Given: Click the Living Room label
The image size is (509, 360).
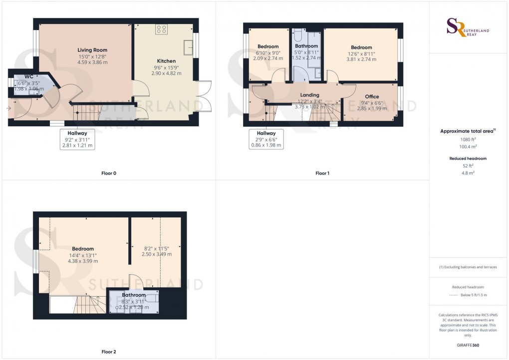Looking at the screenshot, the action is tap(92, 50).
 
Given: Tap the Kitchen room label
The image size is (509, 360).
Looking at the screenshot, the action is tap(166, 61).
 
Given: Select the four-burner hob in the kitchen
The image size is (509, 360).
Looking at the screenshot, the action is tap(161, 29).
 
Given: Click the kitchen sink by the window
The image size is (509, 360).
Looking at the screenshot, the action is tap(188, 47).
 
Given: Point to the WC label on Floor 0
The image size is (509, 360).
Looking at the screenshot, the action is tap(29, 77).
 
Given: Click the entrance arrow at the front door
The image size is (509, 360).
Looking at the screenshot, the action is tap(8, 108).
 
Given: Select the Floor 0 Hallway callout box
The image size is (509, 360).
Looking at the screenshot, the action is tap(77, 139).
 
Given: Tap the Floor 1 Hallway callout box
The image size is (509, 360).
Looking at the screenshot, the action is tap(266, 139).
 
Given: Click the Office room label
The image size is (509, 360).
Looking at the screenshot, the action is tap(372, 96).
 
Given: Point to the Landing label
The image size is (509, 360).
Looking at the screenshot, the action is tap(309, 95).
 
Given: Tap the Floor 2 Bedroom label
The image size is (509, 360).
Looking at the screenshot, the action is tap(83, 249).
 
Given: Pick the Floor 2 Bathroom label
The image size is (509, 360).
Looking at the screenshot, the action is tap(134, 295).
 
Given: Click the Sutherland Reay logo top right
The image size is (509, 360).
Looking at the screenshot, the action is tap(468, 27).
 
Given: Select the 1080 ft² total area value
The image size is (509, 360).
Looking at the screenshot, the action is tap(468, 139).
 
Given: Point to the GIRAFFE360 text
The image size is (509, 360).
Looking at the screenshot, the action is tap(468, 345).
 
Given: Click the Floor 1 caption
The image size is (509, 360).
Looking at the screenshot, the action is tap(322, 173).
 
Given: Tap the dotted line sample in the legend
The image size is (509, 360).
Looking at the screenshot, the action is tap(453, 295).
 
